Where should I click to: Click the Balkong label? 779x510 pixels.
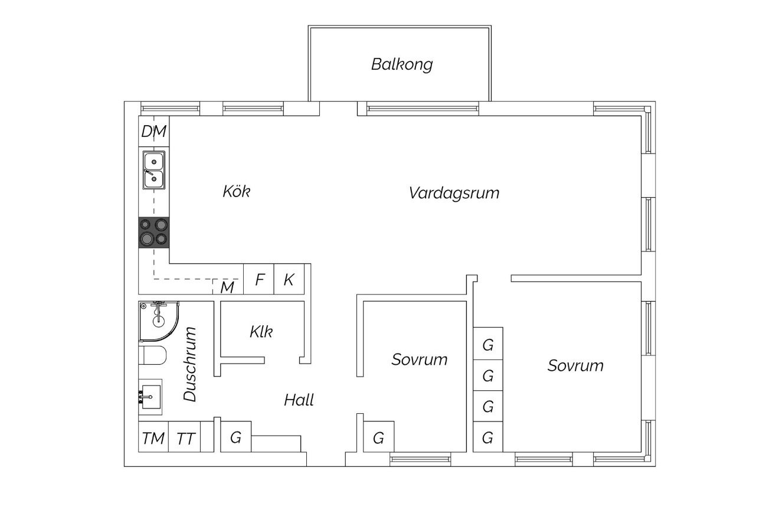tap(402, 64)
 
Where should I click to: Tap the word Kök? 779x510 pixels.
tap(237, 191)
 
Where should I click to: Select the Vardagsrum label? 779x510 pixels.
tap(454, 193)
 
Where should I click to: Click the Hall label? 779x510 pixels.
tap(299, 400)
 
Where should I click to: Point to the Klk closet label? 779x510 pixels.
tap(261, 332)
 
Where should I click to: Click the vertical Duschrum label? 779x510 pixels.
tap(190, 364)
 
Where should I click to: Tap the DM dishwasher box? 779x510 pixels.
tap(153, 131)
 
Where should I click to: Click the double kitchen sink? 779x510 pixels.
tap(153, 170)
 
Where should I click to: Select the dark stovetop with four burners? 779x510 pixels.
tap(153, 233)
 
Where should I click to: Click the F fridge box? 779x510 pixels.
tap(258, 279)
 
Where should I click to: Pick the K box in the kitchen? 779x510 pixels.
tap(289, 279)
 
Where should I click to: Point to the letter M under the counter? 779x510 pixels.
tap(227, 287)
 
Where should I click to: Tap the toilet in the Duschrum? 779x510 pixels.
tap(152, 355)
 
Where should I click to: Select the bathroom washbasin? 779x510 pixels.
tap(150, 397)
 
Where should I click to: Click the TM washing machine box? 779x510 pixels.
tap(153, 437)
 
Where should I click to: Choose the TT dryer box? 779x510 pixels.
tap(185, 437)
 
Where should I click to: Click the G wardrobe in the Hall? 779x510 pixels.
tap(236, 437)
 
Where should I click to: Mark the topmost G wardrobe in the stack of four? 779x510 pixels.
tap(488, 344)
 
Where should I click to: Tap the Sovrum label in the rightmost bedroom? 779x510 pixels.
tap(575, 365)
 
